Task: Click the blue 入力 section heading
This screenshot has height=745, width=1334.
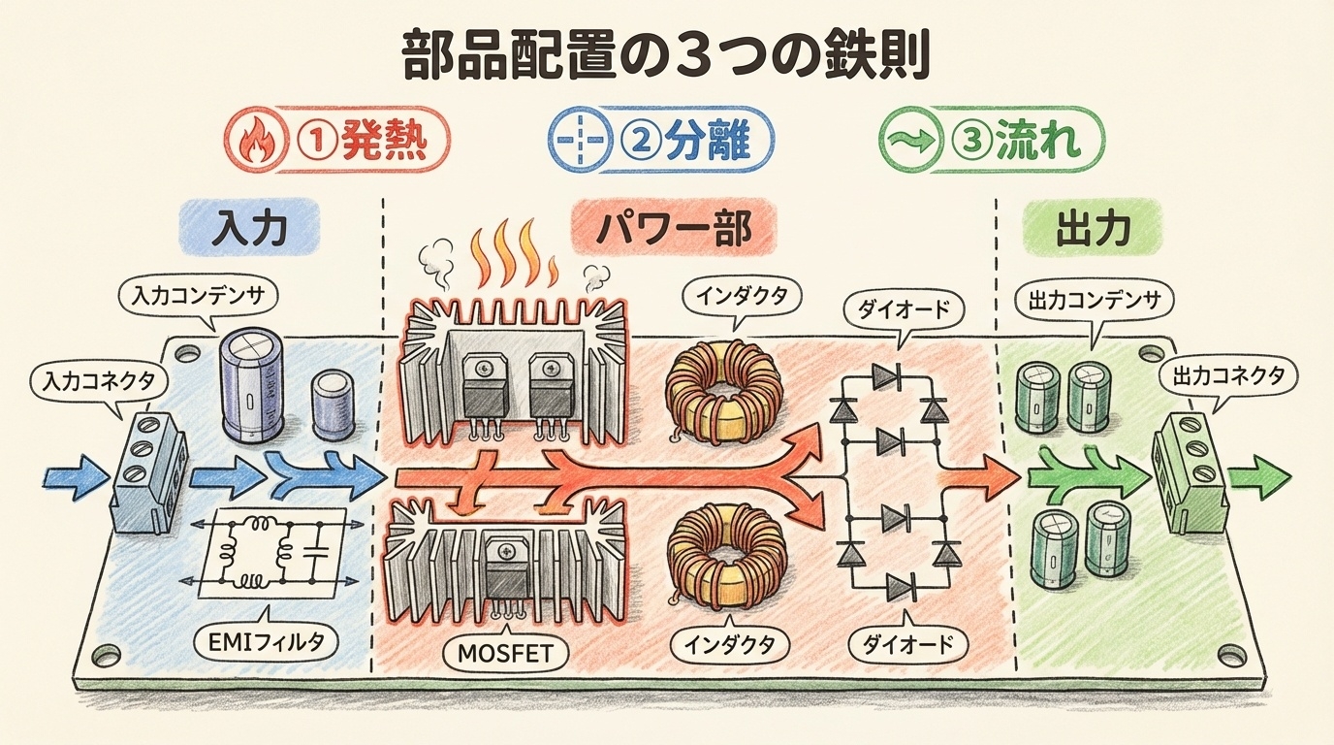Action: pos(251,230)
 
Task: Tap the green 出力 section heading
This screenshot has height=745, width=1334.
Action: pos(1093,230)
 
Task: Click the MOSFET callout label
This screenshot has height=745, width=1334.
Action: pos(510,652)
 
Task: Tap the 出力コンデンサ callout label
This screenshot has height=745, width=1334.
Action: pos(1092,300)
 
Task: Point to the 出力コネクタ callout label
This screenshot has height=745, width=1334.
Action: pos(1228,374)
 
